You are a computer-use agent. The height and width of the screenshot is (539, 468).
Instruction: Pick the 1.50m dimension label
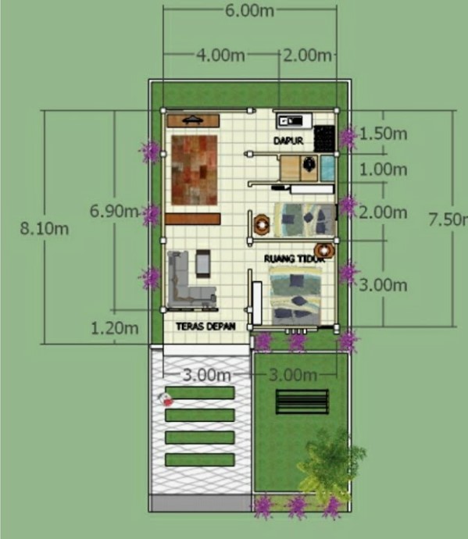[x=384, y=134]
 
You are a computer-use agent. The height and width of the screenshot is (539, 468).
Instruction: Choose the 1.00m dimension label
[x=384, y=170]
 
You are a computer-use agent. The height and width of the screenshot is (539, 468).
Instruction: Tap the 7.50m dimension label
[x=448, y=220]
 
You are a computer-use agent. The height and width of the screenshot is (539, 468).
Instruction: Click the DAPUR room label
[x=288, y=141]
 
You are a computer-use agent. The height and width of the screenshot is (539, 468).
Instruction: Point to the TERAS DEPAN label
[x=200, y=325]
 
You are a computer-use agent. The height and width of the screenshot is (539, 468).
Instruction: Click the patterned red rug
[x=193, y=170]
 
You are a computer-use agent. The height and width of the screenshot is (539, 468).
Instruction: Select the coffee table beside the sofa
[x=203, y=263]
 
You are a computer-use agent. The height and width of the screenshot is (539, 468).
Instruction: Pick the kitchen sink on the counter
[x=291, y=120]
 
